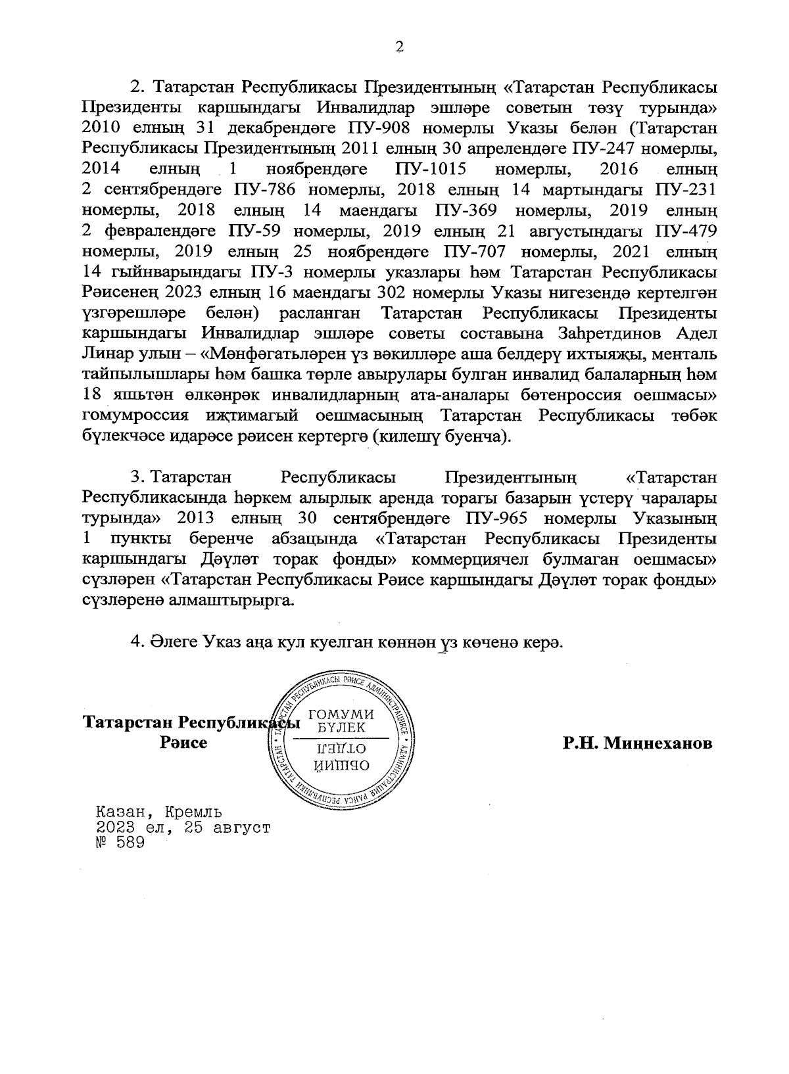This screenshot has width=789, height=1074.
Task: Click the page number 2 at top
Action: [x=396, y=47]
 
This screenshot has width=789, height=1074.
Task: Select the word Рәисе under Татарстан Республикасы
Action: [x=183, y=743]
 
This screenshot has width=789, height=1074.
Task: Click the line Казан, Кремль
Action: [x=159, y=812]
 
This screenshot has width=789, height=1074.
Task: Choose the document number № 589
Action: [x=120, y=844]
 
